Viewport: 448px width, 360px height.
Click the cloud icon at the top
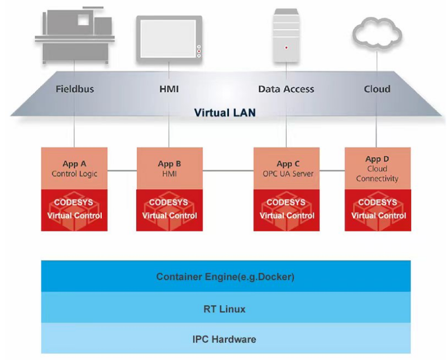(377, 35)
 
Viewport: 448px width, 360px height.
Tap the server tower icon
(286, 35)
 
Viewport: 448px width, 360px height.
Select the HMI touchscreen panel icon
(169, 39)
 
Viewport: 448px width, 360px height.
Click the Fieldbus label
(75, 89)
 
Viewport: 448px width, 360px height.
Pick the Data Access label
(286, 89)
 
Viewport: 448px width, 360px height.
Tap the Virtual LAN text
(225, 112)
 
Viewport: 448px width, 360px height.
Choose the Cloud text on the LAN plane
(377, 89)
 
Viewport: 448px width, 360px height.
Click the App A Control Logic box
(74, 168)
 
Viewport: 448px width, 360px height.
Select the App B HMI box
(169, 168)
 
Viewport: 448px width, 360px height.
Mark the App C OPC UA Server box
(287, 168)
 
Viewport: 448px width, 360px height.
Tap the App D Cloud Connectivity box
(378, 168)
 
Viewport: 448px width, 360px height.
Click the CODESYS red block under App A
(74, 210)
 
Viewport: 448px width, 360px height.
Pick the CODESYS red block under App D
(378, 210)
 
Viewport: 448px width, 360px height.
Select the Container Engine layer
(226, 277)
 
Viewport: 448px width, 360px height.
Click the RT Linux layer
(226, 309)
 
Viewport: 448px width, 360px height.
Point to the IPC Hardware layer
(226, 339)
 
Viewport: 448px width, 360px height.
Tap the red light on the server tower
(287, 48)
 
